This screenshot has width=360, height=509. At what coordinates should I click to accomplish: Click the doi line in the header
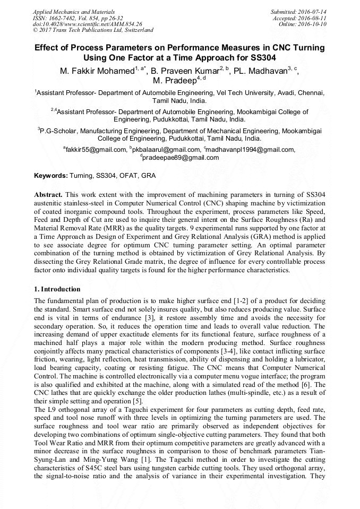[x=87, y=24]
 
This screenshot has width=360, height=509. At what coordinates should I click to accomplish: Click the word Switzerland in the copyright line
[x=136, y=30]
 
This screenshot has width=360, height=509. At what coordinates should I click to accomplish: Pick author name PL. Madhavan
[x=261, y=70]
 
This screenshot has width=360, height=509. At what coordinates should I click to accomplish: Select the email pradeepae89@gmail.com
[x=181, y=158]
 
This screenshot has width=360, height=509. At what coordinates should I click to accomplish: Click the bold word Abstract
[x=48, y=195]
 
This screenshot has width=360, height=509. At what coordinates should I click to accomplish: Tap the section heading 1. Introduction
[x=57, y=289]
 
